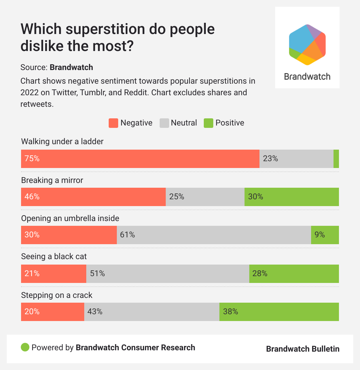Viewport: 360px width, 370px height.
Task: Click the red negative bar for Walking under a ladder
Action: (x=140, y=159)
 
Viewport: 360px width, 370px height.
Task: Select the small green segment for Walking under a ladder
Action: (x=336, y=159)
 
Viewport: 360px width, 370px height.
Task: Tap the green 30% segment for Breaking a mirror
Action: (x=291, y=197)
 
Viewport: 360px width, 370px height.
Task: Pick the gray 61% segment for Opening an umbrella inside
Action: (x=214, y=235)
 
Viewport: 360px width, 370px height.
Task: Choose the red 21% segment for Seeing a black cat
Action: (x=54, y=273)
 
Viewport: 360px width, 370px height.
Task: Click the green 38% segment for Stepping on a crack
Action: (x=279, y=312)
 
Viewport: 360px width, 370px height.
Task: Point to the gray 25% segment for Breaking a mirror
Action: (x=205, y=197)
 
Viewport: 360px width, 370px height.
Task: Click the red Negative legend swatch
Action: (x=113, y=123)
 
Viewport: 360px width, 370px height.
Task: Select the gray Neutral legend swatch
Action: (x=164, y=123)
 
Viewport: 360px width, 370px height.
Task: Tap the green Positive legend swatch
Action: (x=208, y=123)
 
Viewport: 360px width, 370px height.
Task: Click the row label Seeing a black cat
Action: (x=54, y=256)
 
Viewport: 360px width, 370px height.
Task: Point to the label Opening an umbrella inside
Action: (x=70, y=218)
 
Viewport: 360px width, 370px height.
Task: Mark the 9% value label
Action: (x=320, y=235)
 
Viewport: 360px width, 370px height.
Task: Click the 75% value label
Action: (x=32, y=158)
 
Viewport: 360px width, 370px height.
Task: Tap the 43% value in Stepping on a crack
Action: (x=95, y=312)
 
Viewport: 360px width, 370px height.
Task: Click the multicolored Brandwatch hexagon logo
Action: (x=307, y=45)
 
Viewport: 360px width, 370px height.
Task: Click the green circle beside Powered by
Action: (x=25, y=348)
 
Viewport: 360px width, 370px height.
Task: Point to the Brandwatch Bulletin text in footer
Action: (x=303, y=349)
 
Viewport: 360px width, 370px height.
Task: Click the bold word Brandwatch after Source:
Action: (x=71, y=67)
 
